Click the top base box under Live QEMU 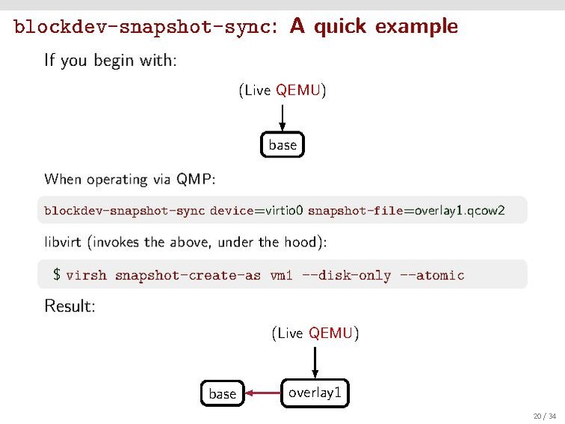tap(282, 145)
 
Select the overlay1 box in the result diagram tap(315, 393)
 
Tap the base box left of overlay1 tap(222, 393)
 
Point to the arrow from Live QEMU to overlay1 tap(315, 360)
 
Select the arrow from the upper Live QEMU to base tap(282, 118)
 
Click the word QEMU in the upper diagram tap(299, 91)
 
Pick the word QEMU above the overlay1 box tap(330, 333)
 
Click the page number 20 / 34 tap(542, 416)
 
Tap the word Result tap(69, 306)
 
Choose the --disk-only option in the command tap(346, 275)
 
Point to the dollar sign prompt tap(56, 275)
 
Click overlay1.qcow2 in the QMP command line tap(459, 211)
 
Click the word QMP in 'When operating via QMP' tap(195, 179)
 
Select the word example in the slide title tap(416, 27)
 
